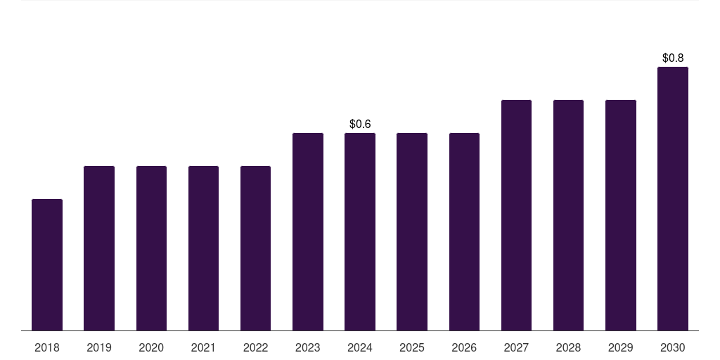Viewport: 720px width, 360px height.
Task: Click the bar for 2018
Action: [x=47, y=265]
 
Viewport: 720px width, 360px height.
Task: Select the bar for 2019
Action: [x=99, y=248]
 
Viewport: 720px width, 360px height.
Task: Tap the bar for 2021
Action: [x=203, y=248]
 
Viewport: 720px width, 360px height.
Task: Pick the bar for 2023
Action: [x=308, y=232]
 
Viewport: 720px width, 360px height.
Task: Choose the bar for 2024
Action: [x=360, y=232]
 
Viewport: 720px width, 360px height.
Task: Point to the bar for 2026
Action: [x=464, y=232]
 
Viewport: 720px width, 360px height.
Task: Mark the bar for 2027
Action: [x=516, y=215]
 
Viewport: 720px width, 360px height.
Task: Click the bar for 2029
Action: [x=621, y=215]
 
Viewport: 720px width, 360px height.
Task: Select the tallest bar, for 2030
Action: [x=673, y=199]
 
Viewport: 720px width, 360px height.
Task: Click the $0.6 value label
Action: [x=360, y=124]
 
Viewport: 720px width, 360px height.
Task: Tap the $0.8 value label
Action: [x=673, y=58]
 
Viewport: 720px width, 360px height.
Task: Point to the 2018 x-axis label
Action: [x=47, y=347]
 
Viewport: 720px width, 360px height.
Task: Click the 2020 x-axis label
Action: [x=151, y=347]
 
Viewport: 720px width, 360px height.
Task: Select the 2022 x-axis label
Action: [x=255, y=347]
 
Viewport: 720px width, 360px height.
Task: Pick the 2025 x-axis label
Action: [x=412, y=347]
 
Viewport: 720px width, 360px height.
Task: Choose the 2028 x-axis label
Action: [x=568, y=347]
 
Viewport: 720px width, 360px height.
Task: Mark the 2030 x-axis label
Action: [x=673, y=347]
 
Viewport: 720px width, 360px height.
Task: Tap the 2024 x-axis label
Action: [x=360, y=347]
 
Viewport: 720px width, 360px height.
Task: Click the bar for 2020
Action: [x=151, y=248]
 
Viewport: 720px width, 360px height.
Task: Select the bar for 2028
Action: [x=568, y=215]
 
